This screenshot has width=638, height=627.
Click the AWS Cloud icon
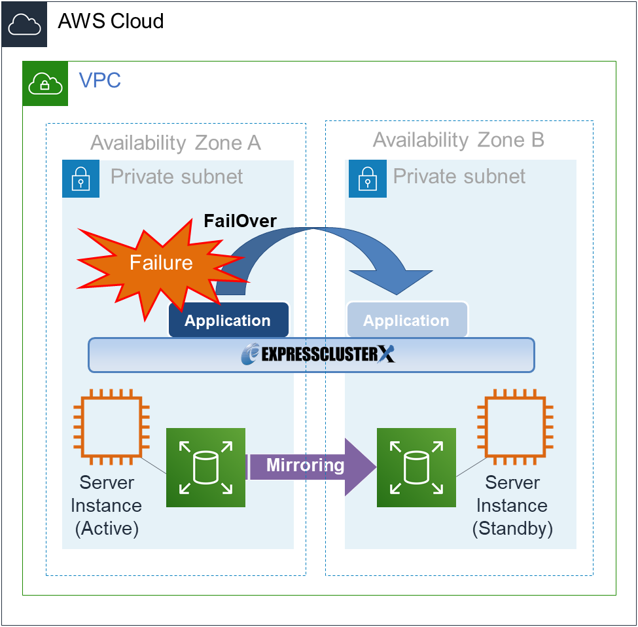coord(24,24)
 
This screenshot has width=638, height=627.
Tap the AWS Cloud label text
coord(111,22)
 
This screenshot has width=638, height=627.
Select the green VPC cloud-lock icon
coord(45,83)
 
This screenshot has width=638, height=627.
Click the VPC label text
coord(99,81)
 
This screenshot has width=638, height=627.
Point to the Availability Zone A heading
coord(175,143)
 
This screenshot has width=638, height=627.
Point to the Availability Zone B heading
coord(458,139)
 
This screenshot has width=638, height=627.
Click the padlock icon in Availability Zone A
coord(80,178)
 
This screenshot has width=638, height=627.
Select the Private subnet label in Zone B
coord(459,176)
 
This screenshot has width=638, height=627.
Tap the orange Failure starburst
coord(160,263)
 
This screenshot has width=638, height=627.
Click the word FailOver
coord(239,221)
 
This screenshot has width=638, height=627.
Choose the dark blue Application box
coord(228,321)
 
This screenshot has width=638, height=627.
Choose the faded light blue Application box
coord(406,321)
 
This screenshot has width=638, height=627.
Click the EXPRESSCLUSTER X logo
coord(318,355)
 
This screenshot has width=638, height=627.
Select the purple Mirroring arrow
coord(308,466)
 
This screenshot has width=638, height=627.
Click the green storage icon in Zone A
coord(205,467)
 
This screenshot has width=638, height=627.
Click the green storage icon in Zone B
coord(416,467)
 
